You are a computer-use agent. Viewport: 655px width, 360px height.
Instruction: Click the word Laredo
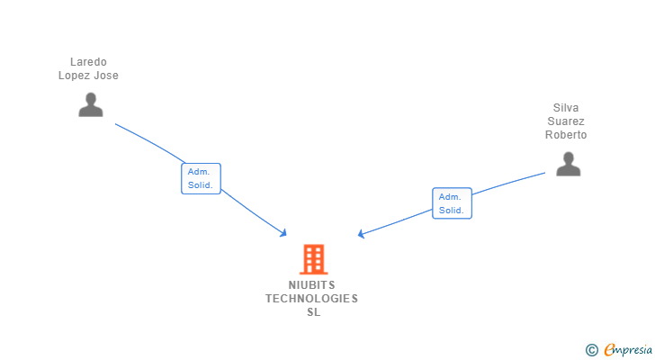click(x=89, y=62)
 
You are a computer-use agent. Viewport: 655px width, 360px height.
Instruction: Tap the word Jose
click(x=108, y=76)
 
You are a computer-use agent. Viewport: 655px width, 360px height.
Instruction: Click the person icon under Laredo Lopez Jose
click(x=90, y=105)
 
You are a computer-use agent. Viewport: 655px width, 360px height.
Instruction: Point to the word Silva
click(x=566, y=108)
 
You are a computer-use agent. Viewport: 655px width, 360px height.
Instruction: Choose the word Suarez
click(x=566, y=121)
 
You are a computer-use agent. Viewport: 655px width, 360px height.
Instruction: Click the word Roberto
click(x=566, y=135)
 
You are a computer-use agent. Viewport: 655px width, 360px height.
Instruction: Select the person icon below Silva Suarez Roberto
click(x=568, y=165)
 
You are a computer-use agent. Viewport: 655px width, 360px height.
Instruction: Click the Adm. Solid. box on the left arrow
click(x=201, y=178)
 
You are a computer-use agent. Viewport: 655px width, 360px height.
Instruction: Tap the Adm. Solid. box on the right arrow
click(x=452, y=203)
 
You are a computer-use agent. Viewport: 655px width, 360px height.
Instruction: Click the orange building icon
click(x=313, y=259)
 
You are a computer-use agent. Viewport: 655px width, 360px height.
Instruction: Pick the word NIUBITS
click(x=311, y=285)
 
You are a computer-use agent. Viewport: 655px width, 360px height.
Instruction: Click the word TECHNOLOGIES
click(x=311, y=299)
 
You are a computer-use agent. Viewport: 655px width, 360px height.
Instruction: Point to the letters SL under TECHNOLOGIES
click(x=312, y=312)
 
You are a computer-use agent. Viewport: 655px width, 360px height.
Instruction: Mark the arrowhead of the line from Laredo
click(x=283, y=233)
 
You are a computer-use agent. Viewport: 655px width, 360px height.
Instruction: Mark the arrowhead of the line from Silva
click(x=361, y=234)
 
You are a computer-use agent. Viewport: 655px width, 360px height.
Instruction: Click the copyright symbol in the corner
click(x=591, y=349)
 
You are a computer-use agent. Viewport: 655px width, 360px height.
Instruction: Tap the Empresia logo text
click(x=626, y=349)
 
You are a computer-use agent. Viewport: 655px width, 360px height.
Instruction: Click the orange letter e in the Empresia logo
click(x=609, y=349)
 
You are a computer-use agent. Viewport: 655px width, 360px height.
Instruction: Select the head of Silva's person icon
click(x=568, y=157)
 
